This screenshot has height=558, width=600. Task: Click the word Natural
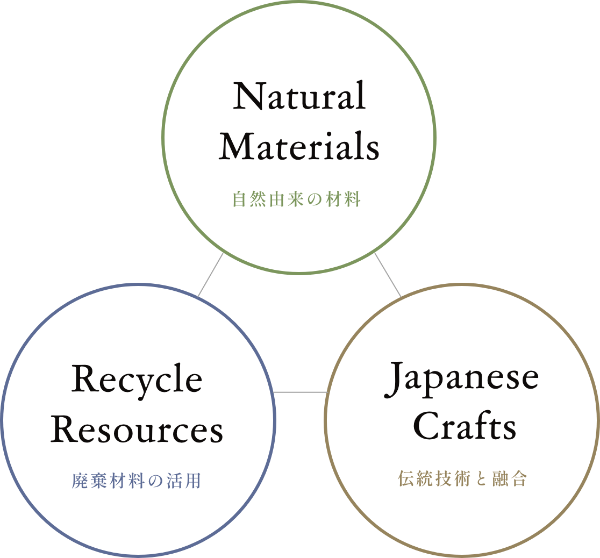click(299, 95)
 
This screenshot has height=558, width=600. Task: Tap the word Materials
click(299, 146)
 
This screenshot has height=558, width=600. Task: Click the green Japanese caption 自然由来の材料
click(297, 199)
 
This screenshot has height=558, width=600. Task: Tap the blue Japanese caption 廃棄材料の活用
click(136, 481)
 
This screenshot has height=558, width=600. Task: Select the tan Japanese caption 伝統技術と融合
click(462, 478)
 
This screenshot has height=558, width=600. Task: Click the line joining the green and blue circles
click(210, 275)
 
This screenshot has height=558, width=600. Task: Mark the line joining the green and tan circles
click(388, 275)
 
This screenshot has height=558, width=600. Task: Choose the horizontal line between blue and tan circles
click(301, 392)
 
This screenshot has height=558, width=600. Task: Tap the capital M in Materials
click(237, 146)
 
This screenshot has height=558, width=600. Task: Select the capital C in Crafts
click(426, 425)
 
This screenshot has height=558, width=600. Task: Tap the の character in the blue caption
click(155, 481)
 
